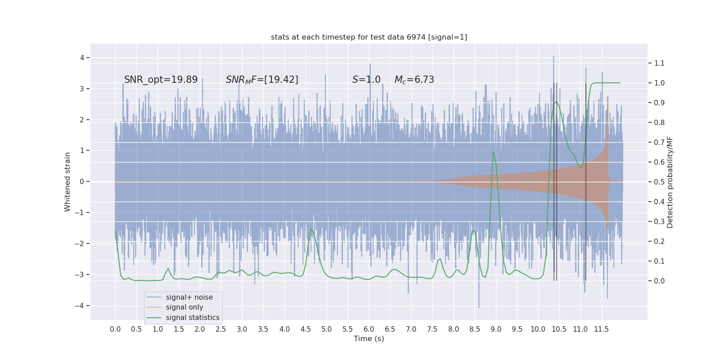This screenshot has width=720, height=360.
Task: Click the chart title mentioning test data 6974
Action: point(369,37)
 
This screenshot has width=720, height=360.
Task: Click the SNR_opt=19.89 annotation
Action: point(161,80)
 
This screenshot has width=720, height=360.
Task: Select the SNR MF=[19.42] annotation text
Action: point(262,80)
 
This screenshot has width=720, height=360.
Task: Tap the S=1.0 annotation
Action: point(366,80)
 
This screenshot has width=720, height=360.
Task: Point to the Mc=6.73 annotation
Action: point(414,80)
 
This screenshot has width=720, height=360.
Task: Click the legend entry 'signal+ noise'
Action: point(189,297)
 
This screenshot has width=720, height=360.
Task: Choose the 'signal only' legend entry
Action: point(184,307)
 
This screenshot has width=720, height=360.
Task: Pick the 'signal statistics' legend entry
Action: point(193,318)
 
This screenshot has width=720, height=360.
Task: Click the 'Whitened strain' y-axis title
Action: point(67,182)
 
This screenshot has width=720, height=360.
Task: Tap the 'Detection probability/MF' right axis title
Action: point(670,182)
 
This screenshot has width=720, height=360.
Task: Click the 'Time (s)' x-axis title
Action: point(369,339)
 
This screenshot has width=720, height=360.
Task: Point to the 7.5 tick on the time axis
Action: point(432,329)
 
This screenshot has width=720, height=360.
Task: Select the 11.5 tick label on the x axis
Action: point(601,329)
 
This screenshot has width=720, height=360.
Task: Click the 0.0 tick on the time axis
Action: point(115,329)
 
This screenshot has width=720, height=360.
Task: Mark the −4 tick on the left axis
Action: point(81,306)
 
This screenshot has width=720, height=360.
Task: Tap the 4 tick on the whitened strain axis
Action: point(82,58)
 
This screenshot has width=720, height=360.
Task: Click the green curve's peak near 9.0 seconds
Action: point(493,151)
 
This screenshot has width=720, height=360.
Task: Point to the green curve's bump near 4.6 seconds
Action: point(311,229)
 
